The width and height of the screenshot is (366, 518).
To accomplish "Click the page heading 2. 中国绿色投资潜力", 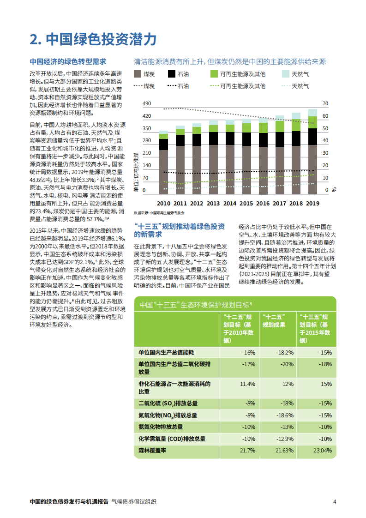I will (x=93, y=39).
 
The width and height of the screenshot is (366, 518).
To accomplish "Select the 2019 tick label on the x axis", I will (x=312, y=203).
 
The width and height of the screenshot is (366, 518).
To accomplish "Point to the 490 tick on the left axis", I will (x=147, y=103).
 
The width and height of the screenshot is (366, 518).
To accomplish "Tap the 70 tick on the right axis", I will (x=325, y=103).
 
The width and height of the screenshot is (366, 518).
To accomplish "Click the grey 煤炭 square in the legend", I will (x=138, y=74).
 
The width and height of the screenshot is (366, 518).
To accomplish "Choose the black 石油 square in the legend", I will (x=172, y=74).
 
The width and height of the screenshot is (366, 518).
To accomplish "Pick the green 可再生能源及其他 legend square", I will (x=214, y=74).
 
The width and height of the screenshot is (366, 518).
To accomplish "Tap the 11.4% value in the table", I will (x=247, y=384).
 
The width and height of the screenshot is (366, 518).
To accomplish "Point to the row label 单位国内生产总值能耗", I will (x=167, y=352).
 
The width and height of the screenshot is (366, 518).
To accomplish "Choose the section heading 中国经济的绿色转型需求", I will (x=68, y=61).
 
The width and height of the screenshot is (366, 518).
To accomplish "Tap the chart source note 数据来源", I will (x=159, y=213).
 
